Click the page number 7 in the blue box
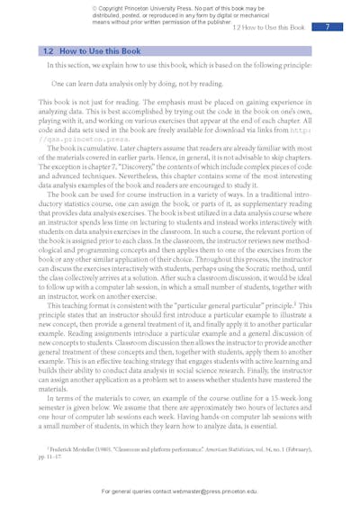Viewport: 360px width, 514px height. point(328,28)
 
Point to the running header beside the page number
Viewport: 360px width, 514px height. point(268,28)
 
